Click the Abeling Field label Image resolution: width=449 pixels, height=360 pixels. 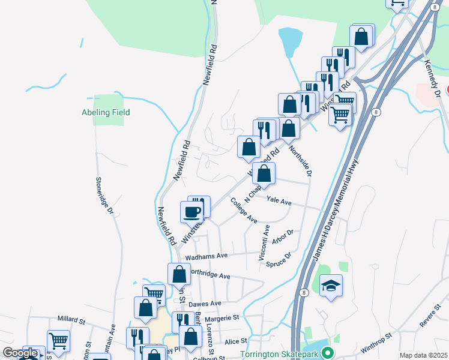[x=106, y=112]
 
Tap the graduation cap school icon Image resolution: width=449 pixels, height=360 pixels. [x=331, y=286]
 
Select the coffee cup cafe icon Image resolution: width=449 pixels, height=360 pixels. [x=192, y=212]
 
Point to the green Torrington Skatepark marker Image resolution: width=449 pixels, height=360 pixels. [x=327, y=353]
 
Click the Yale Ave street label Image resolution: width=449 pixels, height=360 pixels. [x=279, y=202]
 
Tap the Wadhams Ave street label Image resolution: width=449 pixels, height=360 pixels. [x=206, y=256]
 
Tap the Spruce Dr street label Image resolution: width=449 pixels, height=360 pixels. [x=279, y=260]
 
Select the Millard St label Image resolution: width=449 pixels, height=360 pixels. [x=73, y=319]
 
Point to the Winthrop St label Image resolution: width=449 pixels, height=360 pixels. [x=376, y=344]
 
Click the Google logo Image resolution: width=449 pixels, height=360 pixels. [x=19, y=353]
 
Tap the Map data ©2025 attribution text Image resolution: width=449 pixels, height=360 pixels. [x=423, y=355]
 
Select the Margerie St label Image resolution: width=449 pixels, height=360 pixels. [x=221, y=317]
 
